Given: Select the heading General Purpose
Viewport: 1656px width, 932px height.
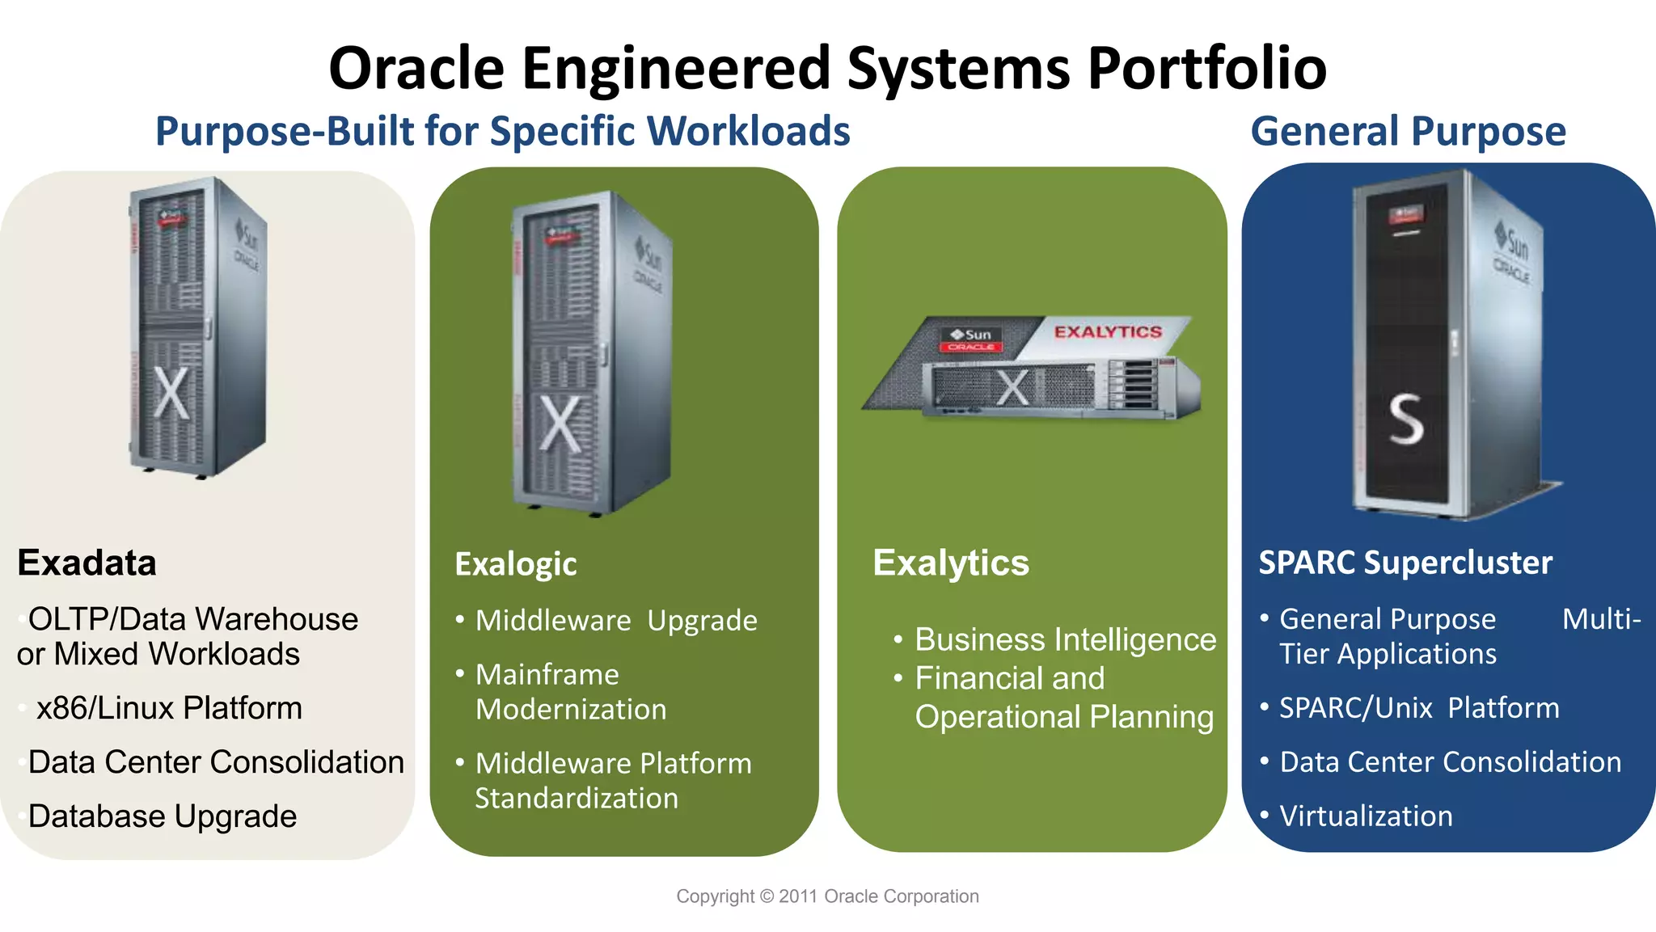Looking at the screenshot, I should coord(1408,131).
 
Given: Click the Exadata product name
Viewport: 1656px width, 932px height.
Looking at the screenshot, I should coord(87,563).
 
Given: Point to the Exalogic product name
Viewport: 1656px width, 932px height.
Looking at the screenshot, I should coord(515,564).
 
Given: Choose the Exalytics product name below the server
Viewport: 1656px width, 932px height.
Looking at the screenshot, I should coord(950,563).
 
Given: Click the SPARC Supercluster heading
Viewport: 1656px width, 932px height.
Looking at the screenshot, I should coord(1405,563).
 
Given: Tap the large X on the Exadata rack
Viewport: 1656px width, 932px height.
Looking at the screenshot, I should coord(171,394).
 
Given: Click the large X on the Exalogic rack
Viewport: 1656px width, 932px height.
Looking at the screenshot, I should coord(560,424).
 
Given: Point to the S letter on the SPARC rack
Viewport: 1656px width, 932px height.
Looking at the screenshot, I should coord(1405,420).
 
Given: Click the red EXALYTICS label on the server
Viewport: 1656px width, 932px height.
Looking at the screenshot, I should coord(1107,332).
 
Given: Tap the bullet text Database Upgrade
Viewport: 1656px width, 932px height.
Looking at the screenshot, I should coord(163,816).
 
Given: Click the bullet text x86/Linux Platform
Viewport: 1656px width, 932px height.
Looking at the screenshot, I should coord(169,708).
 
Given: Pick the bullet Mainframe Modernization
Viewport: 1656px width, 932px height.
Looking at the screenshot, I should coord(570,692).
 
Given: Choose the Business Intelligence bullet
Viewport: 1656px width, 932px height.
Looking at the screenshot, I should coord(1065,639).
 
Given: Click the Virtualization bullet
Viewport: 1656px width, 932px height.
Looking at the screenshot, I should coord(1366,816).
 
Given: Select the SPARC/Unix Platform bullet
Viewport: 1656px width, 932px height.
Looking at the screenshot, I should coord(1419,708).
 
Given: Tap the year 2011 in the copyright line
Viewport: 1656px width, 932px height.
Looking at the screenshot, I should coord(797,896).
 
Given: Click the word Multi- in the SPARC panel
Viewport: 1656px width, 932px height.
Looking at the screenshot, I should coord(1600,619).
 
